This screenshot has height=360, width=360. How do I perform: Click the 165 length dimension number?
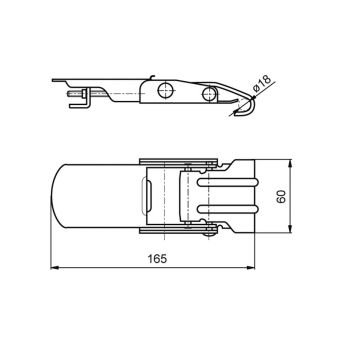tap(157, 259)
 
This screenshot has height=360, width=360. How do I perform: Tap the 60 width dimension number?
tap(281, 197)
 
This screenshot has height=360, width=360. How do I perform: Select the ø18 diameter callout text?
tap(262, 84)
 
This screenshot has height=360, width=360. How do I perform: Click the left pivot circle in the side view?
tap(166, 90)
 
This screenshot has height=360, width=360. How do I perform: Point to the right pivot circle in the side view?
tap(209, 94)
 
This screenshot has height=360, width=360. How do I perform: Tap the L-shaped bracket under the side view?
tap(79, 103)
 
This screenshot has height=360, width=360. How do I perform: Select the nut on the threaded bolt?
tap(84, 94)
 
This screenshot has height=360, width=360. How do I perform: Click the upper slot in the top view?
tap(228, 182)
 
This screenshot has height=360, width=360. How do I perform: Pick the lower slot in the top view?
tap(228, 209)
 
